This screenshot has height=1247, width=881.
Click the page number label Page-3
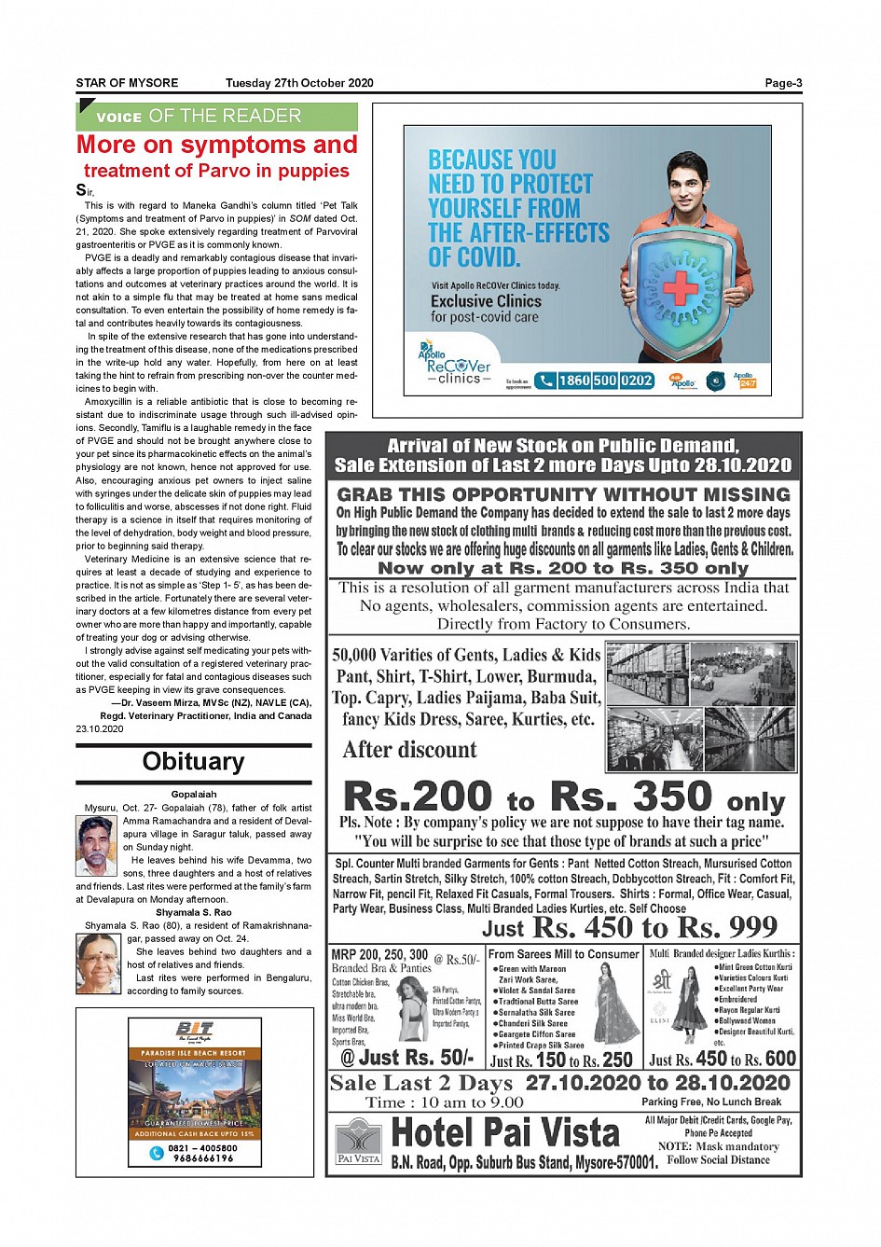[x=782, y=83]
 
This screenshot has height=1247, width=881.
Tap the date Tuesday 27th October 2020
[x=299, y=83]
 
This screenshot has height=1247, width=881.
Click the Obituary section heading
[x=193, y=762]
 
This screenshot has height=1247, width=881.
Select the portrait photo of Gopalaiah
[x=96, y=845]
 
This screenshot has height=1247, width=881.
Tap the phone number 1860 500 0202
[x=605, y=381]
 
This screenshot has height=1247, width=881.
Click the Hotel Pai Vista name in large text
[x=505, y=1133]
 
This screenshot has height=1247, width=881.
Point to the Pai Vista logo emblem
[x=358, y=1139]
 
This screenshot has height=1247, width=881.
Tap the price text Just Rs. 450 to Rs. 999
[x=629, y=927]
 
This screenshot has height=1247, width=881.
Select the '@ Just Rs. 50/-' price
[x=406, y=1058]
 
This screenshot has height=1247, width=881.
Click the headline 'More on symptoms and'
[x=216, y=145]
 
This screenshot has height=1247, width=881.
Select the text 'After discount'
[x=409, y=750]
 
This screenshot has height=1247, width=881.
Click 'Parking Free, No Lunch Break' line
[x=711, y=1102]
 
